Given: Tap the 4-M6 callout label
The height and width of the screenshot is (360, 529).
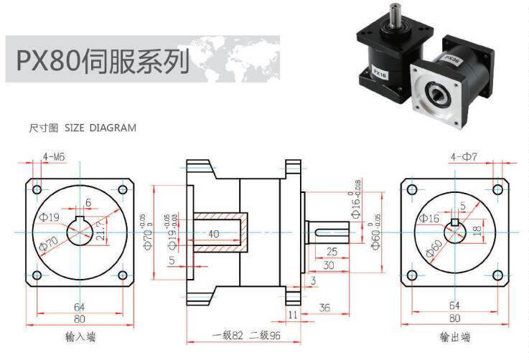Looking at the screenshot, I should [55, 156].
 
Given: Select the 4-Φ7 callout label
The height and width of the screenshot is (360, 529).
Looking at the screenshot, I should [464, 156].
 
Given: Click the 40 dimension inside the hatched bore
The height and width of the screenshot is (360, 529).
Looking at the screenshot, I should [213, 234].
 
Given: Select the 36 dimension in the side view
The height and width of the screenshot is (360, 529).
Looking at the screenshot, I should [324, 308].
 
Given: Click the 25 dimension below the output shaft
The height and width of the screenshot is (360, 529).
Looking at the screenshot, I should [332, 252].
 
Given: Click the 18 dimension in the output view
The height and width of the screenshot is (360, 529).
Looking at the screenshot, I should [477, 230].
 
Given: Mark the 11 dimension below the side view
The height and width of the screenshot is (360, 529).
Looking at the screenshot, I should [293, 314].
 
